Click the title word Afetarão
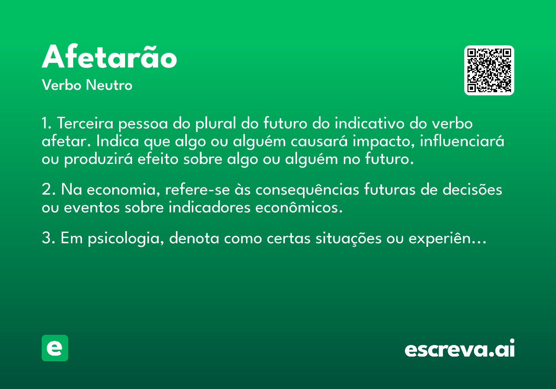[109, 56]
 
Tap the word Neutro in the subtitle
[109, 85]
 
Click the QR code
[489, 70]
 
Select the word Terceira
[85, 123]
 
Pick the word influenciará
[462, 141]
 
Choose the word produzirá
[99, 159]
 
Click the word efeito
[158, 158]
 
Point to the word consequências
[307, 190]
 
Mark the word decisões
[472, 189]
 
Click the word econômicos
[299, 207]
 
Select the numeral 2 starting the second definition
[46, 189]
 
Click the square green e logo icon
[55, 348]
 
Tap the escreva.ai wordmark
[460, 348]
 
